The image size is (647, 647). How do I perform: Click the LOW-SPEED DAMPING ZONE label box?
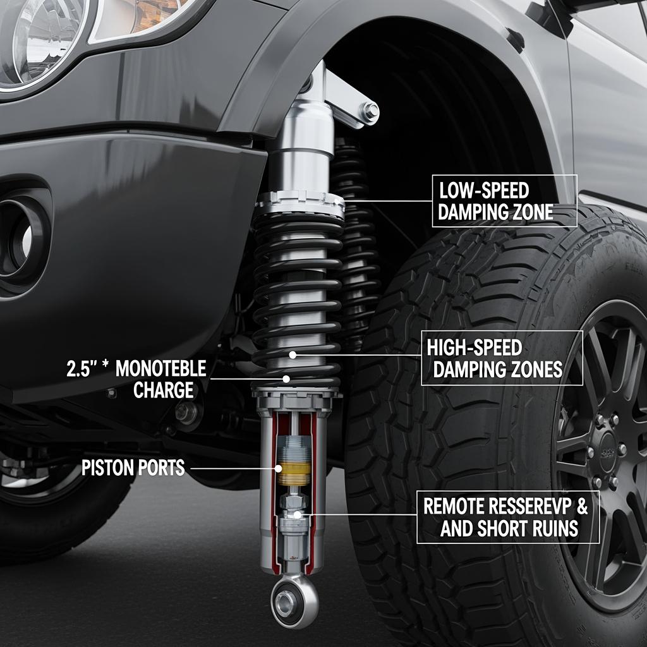(x=504, y=201)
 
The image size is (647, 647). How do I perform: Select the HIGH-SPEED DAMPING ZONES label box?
(x=502, y=358)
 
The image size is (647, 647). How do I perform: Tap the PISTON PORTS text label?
(x=133, y=468)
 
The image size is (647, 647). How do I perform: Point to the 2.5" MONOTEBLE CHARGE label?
(x=136, y=379)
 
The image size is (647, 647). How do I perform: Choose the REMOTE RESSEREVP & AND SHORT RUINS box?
(x=508, y=517)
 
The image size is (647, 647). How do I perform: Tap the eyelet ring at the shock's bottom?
(x=294, y=602)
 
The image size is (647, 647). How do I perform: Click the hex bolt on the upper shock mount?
(x=370, y=111)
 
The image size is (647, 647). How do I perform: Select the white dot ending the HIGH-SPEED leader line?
(x=293, y=354)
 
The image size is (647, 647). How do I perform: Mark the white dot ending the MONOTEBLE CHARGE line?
(x=286, y=378)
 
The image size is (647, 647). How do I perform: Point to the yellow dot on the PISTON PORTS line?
(x=279, y=468)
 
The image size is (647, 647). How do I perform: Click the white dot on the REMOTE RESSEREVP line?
(x=297, y=514)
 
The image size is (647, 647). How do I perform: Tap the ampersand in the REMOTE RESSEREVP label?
(x=583, y=506)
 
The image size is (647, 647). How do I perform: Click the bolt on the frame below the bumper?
(x=186, y=413)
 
